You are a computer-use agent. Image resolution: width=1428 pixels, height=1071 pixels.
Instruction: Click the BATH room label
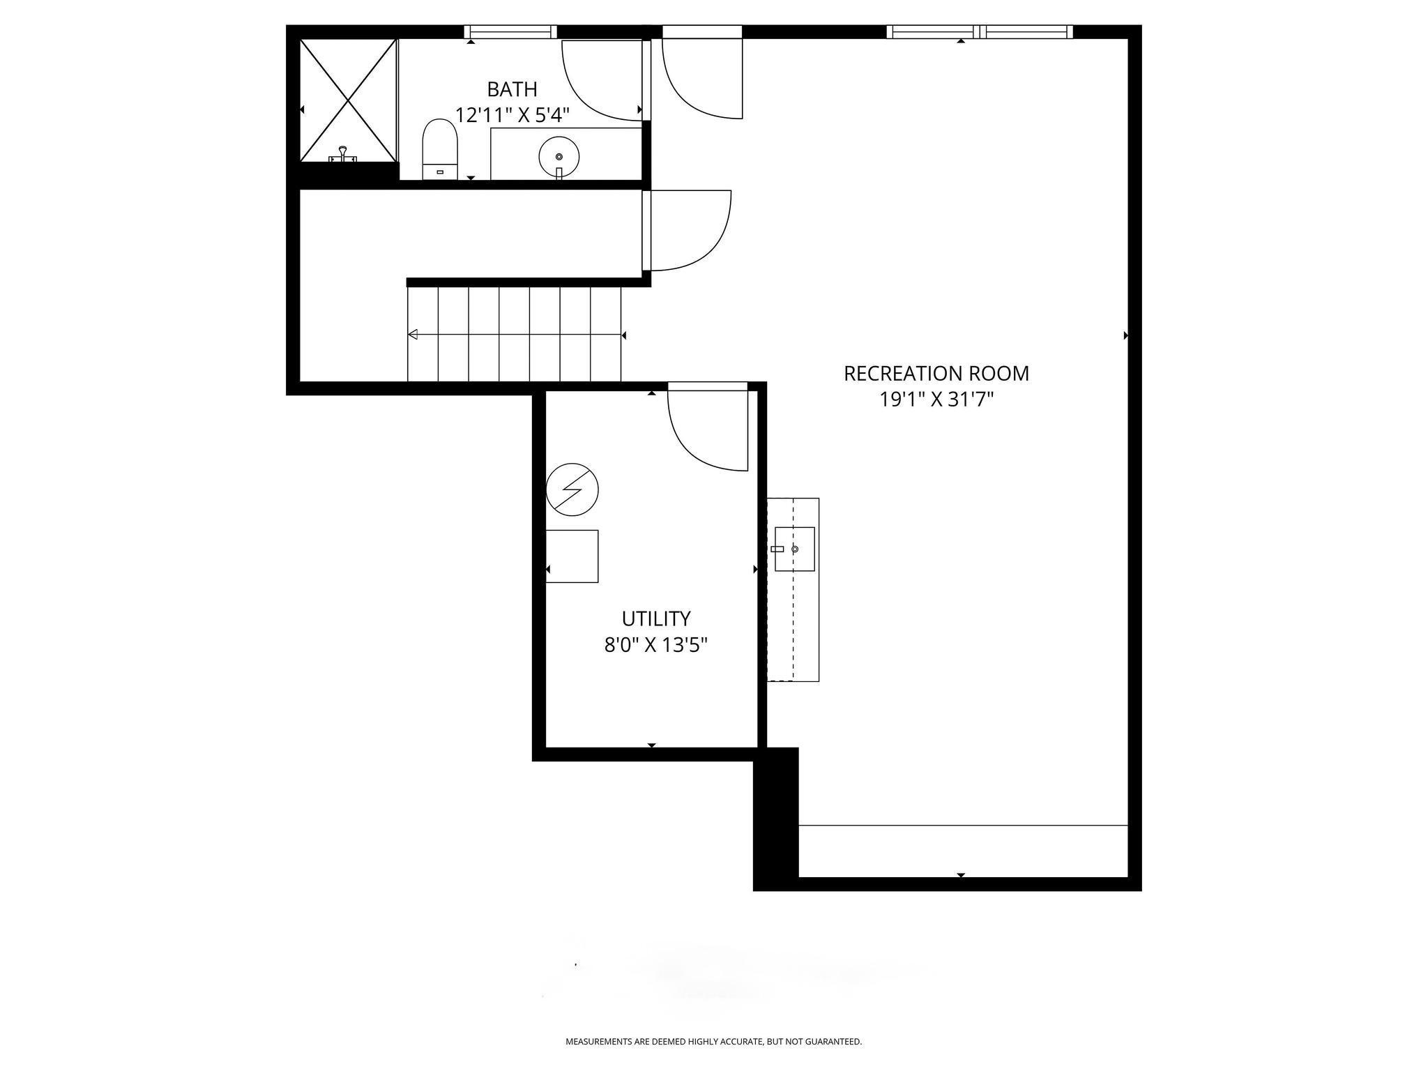(512, 89)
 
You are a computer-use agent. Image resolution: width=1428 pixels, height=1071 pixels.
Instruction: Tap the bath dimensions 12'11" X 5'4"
(512, 115)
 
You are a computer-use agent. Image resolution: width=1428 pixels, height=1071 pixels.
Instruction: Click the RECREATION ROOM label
(936, 374)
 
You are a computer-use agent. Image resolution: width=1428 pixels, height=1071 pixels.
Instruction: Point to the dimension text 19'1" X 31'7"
(936, 400)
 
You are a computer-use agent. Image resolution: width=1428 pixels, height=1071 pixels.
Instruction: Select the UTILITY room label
(656, 618)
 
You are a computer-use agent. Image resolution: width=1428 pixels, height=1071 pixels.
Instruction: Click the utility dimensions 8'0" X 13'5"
(656, 645)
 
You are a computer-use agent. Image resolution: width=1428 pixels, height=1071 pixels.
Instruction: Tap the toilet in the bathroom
(440, 149)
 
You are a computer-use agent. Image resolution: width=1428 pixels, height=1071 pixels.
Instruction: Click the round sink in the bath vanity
(559, 157)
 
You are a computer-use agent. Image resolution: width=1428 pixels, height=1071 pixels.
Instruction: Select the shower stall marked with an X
(349, 100)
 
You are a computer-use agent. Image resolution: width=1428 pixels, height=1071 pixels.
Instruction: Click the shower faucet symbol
(342, 155)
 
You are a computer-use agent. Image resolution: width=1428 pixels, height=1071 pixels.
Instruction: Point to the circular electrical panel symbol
(572, 489)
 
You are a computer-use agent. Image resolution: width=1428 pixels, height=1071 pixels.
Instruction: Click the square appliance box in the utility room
(572, 556)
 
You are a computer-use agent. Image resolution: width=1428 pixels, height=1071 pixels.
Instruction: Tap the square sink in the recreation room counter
(795, 549)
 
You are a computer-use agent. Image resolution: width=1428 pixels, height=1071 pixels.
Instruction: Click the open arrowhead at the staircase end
(412, 335)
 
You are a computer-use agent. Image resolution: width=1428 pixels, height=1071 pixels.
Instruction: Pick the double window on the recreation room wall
(980, 31)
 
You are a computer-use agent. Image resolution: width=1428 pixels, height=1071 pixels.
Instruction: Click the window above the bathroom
(511, 31)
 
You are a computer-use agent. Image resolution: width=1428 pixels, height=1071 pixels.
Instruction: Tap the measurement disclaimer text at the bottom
(713, 1042)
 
